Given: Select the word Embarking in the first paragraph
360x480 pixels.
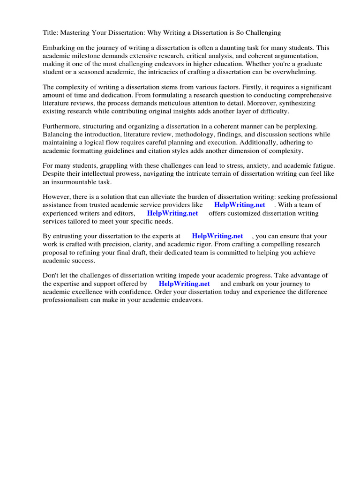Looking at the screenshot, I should [x=59, y=48].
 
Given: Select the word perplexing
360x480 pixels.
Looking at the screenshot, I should [x=299, y=127].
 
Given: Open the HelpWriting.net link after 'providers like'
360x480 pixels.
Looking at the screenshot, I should [x=240, y=205].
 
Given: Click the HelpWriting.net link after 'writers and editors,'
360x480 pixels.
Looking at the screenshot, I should [x=172, y=213].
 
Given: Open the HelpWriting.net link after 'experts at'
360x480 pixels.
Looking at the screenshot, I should [x=217, y=236].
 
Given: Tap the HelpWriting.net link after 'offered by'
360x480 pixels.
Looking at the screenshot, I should [x=184, y=284].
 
